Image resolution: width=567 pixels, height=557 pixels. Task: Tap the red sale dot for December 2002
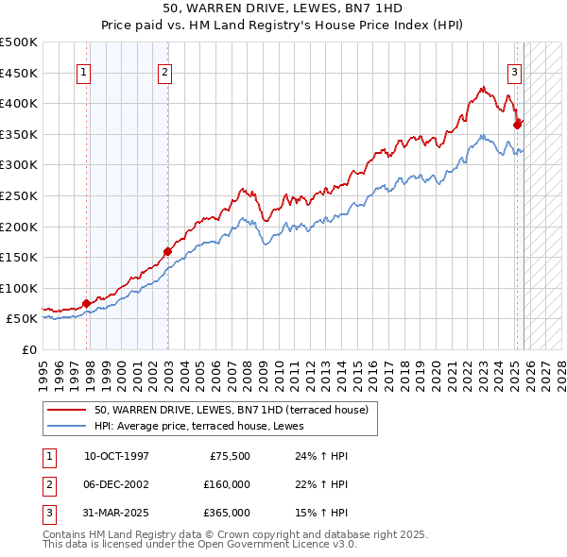point(167,251)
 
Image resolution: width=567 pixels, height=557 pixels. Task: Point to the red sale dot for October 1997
point(86,303)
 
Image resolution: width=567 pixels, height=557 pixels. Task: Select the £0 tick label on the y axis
point(29,349)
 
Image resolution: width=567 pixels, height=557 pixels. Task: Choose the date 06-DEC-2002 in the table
point(116,484)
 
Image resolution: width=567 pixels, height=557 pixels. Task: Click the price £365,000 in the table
point(226,513)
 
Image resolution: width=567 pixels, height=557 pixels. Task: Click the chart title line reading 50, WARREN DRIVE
point(283,8)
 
